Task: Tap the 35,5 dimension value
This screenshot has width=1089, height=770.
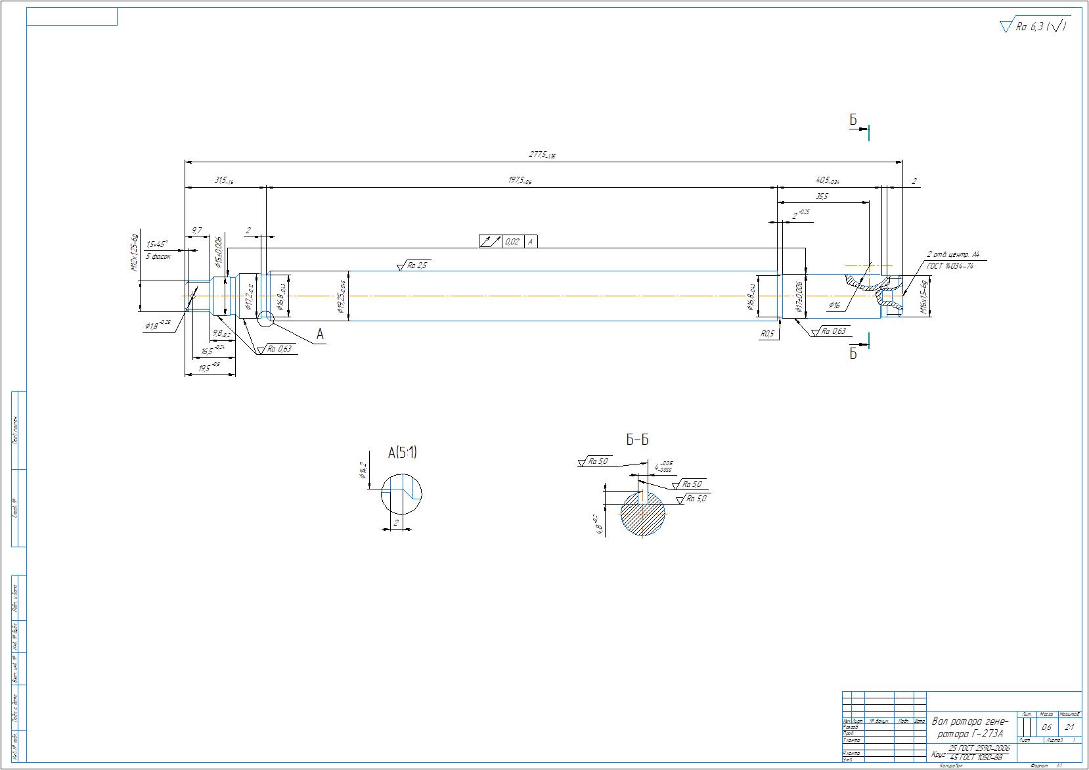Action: [822, 196]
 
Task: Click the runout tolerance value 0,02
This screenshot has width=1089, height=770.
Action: [512, 242]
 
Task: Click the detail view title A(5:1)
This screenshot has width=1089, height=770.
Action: [402, 452]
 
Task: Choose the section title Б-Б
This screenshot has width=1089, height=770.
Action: [637, 440]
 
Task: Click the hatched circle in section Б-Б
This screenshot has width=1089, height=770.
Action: [643, 516]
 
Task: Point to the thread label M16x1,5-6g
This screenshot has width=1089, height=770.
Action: [923, 297]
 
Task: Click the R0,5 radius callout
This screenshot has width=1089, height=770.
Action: [767, 334]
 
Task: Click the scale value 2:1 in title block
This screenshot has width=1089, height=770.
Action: [1069, 727]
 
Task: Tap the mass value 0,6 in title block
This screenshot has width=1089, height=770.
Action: [1046, 727]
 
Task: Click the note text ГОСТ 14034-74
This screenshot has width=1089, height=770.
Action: [950, 265]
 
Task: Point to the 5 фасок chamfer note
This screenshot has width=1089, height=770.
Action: [158, 256]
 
